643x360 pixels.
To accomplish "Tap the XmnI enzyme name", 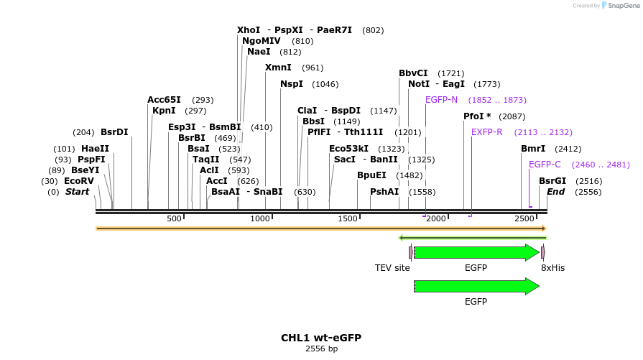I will [x=278, y=68].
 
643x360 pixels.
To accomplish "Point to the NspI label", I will [x=292, y=84].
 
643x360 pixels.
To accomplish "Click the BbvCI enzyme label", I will [x=413, y=73].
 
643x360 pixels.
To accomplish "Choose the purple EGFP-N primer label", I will [x=441, y=100].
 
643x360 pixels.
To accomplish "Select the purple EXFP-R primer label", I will [x=487, y=132].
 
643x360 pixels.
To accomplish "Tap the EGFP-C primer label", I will [x=545, y=165].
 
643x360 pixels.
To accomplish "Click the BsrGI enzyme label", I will [x=552, y=181].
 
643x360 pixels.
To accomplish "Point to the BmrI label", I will [x=533, y=149].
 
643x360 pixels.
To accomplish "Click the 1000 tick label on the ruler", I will [x=259, y=218].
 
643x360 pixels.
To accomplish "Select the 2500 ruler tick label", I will [x=525, y=218].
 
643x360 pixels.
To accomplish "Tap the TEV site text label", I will [x=392, y=268].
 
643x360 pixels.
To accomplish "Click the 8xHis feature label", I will [x=552, y=268].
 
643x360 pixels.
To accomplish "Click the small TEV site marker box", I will [x=411, y=252].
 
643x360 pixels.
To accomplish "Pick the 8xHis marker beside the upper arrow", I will [x=543, y=252].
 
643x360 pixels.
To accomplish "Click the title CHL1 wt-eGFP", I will [x=320, y=338].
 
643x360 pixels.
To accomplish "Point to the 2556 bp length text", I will [x=321, y=349].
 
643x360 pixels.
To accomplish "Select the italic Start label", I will [x=77, y=192].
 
